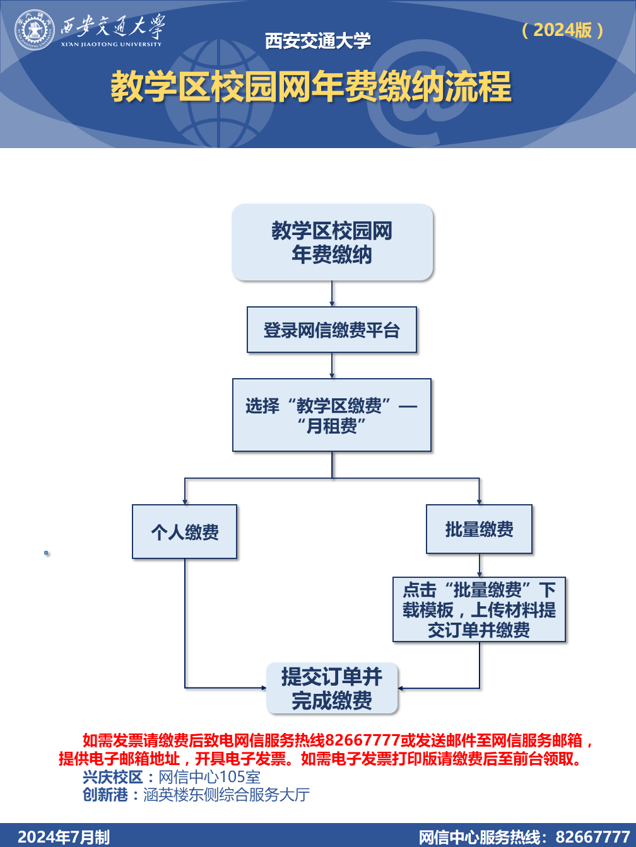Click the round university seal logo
[x=34, y=30]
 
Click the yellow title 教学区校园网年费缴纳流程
[x=311, y=86]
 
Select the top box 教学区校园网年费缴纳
[x=332, y=242]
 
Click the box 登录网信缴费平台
[x=332, y=330]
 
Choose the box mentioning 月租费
[x=332, y=415]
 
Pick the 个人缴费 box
[x=185, y=531]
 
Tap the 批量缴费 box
[x=480, y=529]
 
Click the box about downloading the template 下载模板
[x=480, y=609]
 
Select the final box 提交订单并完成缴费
[x=332, y=688]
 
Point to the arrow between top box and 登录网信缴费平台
[x=332, y=294]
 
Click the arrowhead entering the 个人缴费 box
[x=185, y=502]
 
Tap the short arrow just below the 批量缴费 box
[x=480, y=565]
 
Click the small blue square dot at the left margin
[x=46, y=553]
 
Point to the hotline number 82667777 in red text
[x=363, y=740]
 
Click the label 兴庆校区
[x=113, y=777]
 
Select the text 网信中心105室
[x=209, y=777]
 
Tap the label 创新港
[x=105, y=795]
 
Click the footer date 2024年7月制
[x=64, y=837]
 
